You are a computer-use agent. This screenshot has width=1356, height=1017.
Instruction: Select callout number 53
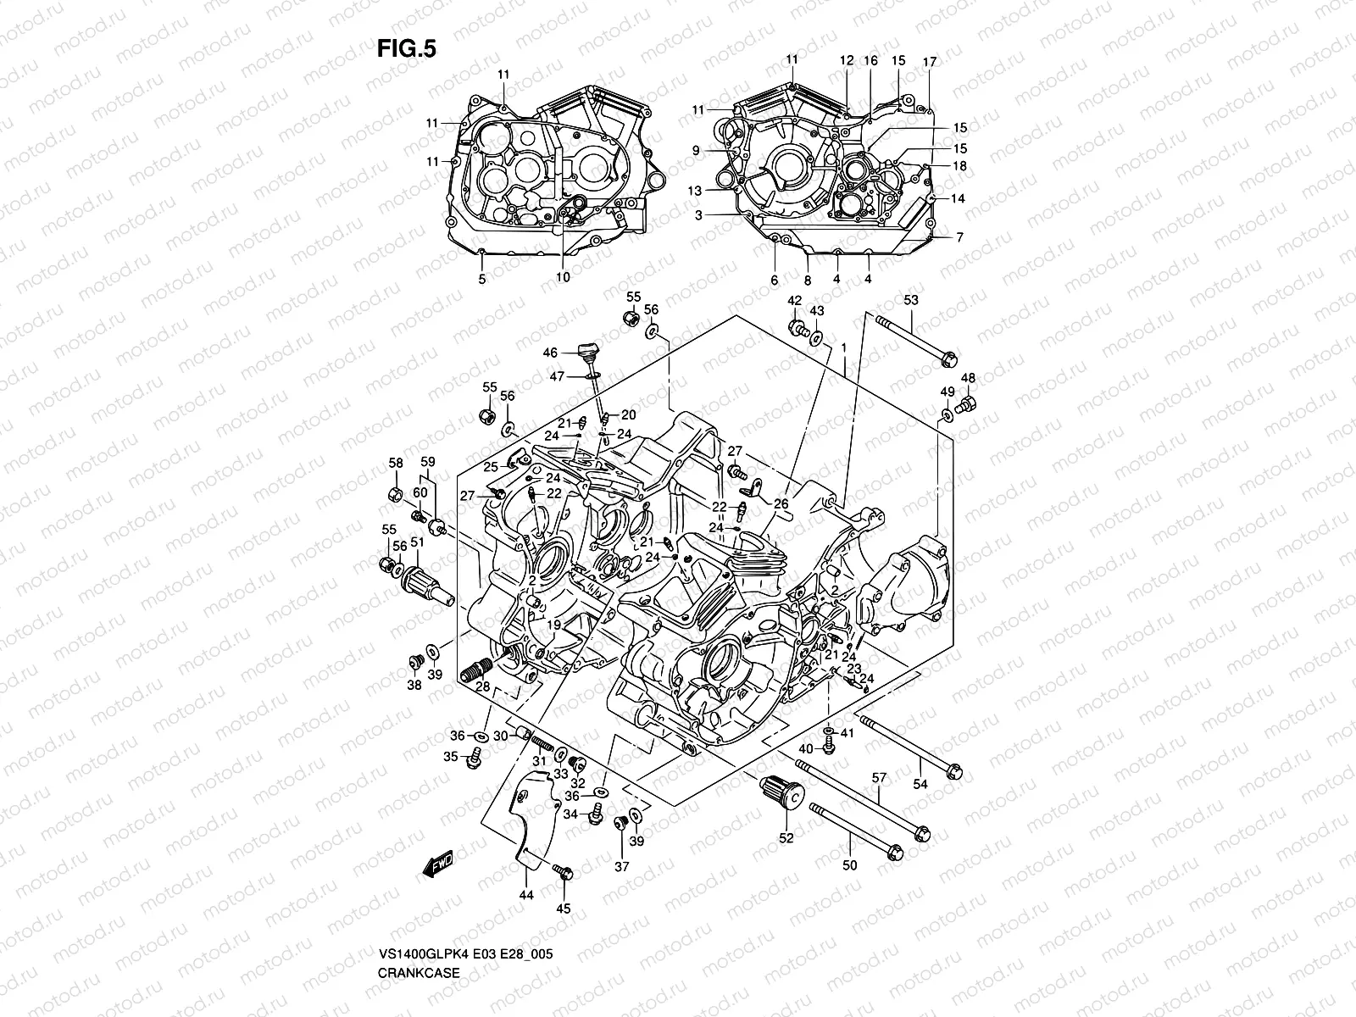[x=911, y=300]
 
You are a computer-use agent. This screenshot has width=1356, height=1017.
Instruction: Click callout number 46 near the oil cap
[x=550, y=353]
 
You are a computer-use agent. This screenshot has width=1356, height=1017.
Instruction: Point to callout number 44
[x=525, y=895]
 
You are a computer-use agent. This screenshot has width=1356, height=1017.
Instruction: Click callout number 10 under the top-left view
[x=563, y=277]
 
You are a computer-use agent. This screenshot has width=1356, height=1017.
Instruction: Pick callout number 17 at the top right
[x=930, y=62]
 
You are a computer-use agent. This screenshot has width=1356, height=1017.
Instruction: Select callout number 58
[x=396, y=463]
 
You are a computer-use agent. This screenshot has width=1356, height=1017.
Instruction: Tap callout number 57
[x=879, y=777]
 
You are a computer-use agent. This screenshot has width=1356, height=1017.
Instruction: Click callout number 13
[x=695, y=191]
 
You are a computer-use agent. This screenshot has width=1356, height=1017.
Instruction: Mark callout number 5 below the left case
[x=481, y=279]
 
